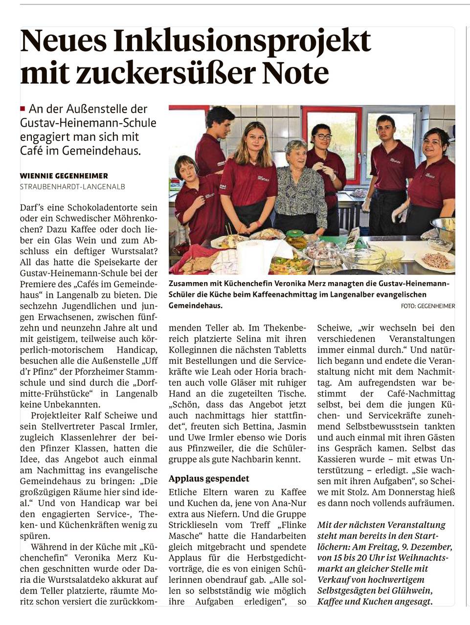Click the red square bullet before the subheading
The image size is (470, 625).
pos(22,109)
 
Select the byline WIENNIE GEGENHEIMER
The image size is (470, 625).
pos(64,176)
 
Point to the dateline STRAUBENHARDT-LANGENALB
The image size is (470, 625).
pos(72,186)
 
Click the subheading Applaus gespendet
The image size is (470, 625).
pos(209,478)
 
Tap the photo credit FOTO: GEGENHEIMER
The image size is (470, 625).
pos(427,306)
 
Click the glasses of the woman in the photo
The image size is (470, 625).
pos(323,136)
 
